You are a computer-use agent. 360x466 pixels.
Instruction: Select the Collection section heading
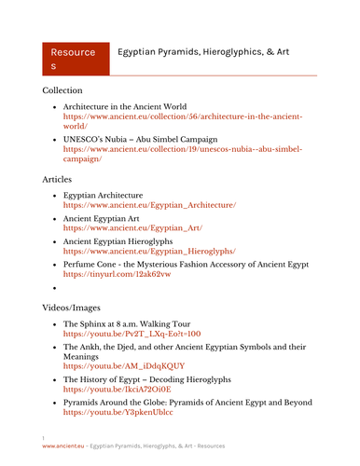pos(68,91)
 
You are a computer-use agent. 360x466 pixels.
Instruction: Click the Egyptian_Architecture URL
pos(149,204)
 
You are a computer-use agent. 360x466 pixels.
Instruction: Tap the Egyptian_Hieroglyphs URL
pos(149,251)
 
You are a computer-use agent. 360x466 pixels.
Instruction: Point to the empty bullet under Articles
pos(55,288)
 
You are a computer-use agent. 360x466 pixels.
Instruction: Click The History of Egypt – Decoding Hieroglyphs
pos(159,380)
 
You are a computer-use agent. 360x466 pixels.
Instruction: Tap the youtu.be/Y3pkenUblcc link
pos(118,412)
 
